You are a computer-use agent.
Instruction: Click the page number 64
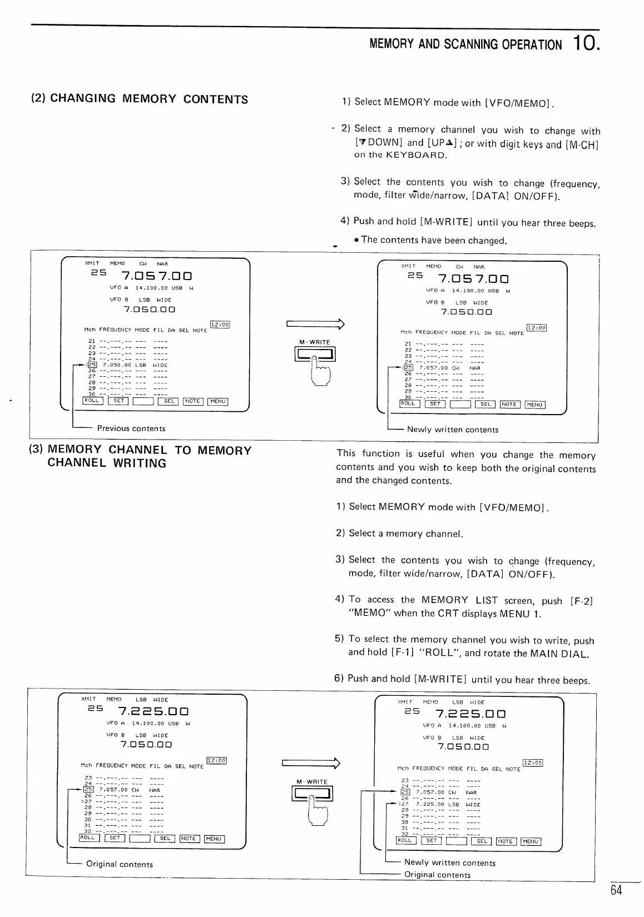(x=616, y=890)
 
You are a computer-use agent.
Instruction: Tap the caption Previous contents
(x=131, y=428)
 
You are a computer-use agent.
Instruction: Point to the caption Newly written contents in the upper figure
(x=452, y=430)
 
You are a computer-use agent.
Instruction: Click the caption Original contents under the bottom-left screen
(x=119, y=864)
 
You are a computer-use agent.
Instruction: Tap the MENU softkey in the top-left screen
(x=217, y=401)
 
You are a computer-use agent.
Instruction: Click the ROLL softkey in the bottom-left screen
(x=89, y=838)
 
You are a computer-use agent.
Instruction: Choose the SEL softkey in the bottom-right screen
(x=481, y=841)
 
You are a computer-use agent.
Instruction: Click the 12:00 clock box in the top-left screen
(x=220, y=325)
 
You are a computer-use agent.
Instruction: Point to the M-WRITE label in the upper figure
(x=315, y=342)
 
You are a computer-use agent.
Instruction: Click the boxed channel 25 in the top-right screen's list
(x=409, y=367)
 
